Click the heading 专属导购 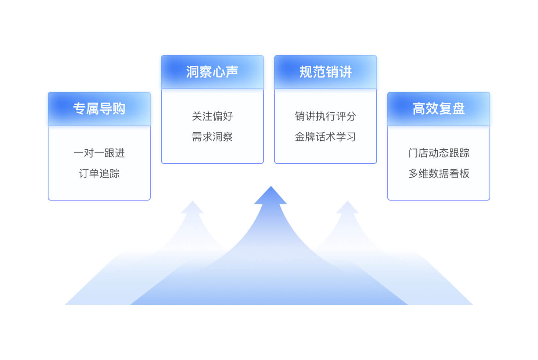click(x=99, y=109)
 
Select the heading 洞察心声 click(x=212, y=72)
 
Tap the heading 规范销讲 click(x=326, y=72)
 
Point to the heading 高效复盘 click(x=438, y=109)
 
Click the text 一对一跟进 click(x=99, y=153)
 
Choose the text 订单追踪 click(x=99, y=173)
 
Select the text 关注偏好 click(x=212, y=116)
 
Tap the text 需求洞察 click(x=212, y=137)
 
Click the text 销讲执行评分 click(x=326, y=116)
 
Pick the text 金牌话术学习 click(x=326, y=137)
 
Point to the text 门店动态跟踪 click(x=438, y=153)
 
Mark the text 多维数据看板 click(x=438, y=173)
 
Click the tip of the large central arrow click(x=271, y=186)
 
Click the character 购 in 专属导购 click(x=119, y=109)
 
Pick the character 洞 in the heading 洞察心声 click(x=193, y=72)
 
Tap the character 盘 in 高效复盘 click(x=459, y=109)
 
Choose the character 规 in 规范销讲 click(x=306, y=72)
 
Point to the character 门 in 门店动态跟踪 click(x=413, y=153)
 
